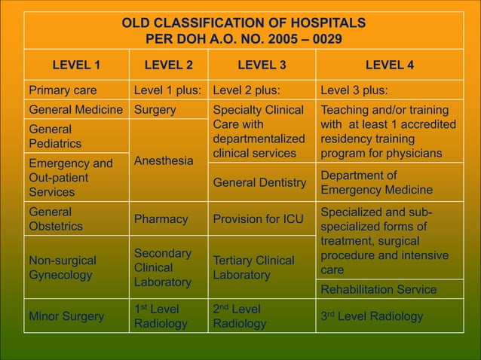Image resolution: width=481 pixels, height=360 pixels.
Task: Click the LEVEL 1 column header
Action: (x=75, y=65)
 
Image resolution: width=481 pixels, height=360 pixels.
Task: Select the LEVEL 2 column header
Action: (x=168, y=65)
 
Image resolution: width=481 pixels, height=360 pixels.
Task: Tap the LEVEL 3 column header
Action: (x=262, y=65)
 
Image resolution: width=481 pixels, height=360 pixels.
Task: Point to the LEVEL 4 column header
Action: (x=389, y=65)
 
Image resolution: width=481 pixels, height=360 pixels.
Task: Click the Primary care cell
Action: (x=63, y=91)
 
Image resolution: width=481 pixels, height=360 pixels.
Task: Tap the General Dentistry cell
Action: (x=260, y=182)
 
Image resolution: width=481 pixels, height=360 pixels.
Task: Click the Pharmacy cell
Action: (x=161, y=219)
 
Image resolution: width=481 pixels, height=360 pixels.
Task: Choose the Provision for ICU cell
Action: (x=259, y=219)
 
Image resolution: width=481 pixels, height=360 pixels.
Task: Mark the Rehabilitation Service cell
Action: (x=378, y=289)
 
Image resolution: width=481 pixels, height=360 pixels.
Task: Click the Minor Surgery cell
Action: (x=66, y=316)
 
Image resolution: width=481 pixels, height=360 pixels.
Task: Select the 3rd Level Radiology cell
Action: (x=372, y=316)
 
